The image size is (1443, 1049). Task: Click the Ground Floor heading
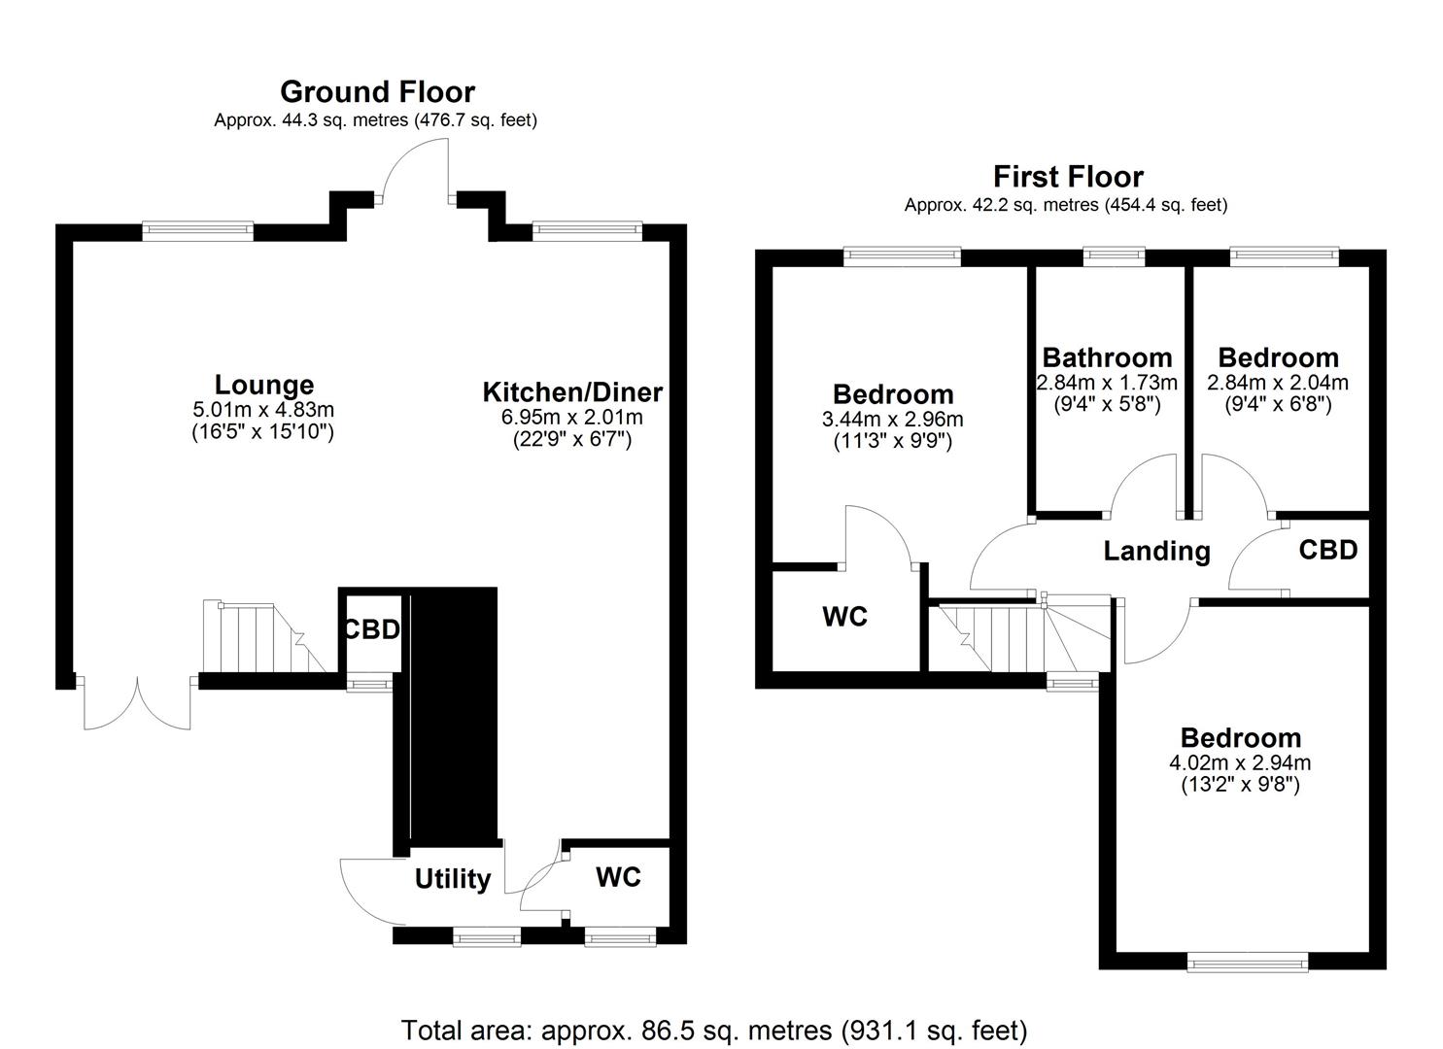pos(377,91)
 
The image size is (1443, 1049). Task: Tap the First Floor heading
pos(1067,177)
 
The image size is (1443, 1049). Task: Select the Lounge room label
pos(263,385)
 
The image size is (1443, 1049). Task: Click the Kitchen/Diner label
pos(572,392)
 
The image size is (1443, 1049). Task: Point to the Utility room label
pos(452,879)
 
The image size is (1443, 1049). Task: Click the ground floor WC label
pos(618,877)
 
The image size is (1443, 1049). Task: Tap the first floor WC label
pos(844,617)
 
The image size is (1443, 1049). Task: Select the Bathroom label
pos(1107,357)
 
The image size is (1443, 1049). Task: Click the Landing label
pos(1156,552)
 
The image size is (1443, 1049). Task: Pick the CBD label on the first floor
pos(1327,550)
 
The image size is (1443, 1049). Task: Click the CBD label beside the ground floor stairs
pos(371,629)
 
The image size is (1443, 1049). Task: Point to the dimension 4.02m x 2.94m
pos(1240,762)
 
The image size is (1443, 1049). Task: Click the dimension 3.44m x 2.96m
pos(892,420)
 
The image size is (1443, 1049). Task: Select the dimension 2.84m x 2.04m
pos(1277,383)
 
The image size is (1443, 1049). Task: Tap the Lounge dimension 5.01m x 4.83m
pos(263,410)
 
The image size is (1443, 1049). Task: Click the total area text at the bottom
pos(714,1030)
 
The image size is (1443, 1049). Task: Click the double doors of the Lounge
pos(137,701)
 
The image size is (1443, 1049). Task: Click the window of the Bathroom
pos(1114,256)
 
